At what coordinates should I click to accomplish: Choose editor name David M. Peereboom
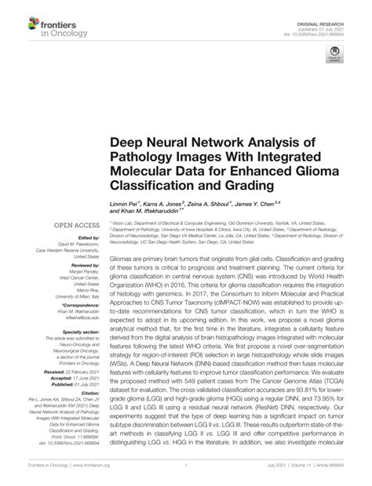pyautogui.click(x=72, y=245)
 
